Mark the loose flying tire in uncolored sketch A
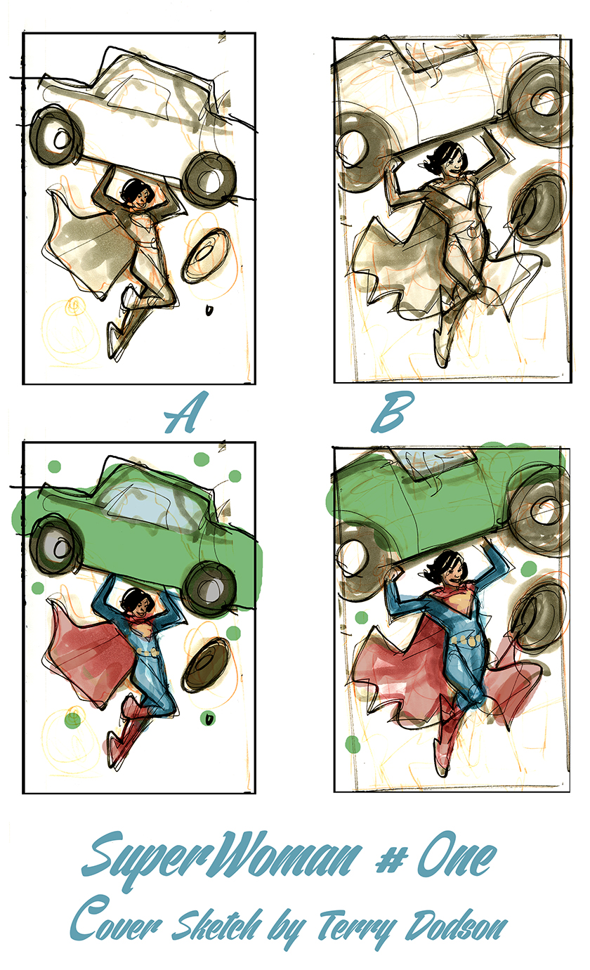(206, 256)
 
